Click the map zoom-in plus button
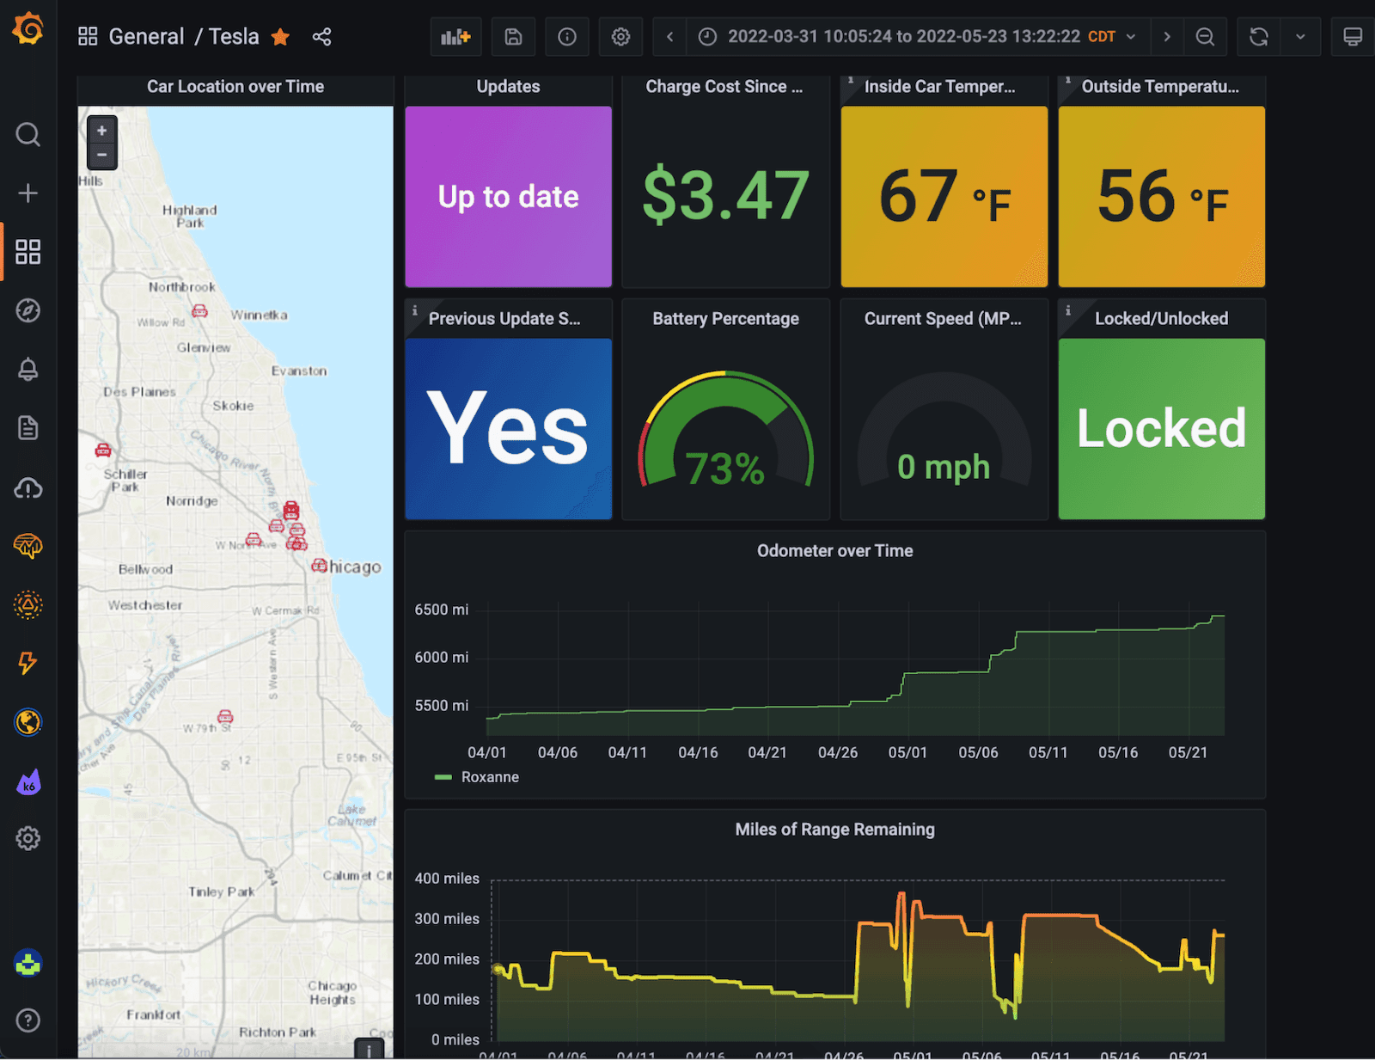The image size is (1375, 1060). (101, 131)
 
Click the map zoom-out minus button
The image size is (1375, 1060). (101, 155)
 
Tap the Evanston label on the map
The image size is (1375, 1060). (299, 371)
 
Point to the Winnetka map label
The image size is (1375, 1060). (259, 315)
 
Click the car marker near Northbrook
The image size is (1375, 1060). (200, 310)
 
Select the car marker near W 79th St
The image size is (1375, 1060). (225, 716)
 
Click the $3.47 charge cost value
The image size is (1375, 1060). (725, 195)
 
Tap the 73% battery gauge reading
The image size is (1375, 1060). (724, 469)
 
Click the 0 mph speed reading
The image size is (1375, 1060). (944, 467)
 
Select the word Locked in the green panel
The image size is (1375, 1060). (1161, 428)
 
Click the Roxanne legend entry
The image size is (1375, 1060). (489, 777)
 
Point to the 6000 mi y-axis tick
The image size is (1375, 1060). (441, 657)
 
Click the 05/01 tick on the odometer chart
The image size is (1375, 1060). (907, 752)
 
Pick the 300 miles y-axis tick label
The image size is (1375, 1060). (447, 918)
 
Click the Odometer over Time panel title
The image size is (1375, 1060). (834, 551)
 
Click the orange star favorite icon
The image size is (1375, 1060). (280, 37)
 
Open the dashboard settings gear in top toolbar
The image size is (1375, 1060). (620, 37)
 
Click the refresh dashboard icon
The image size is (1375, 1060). (1258, 37)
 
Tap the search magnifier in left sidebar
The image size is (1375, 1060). (28, 134)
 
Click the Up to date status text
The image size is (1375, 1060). (508, 197)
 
